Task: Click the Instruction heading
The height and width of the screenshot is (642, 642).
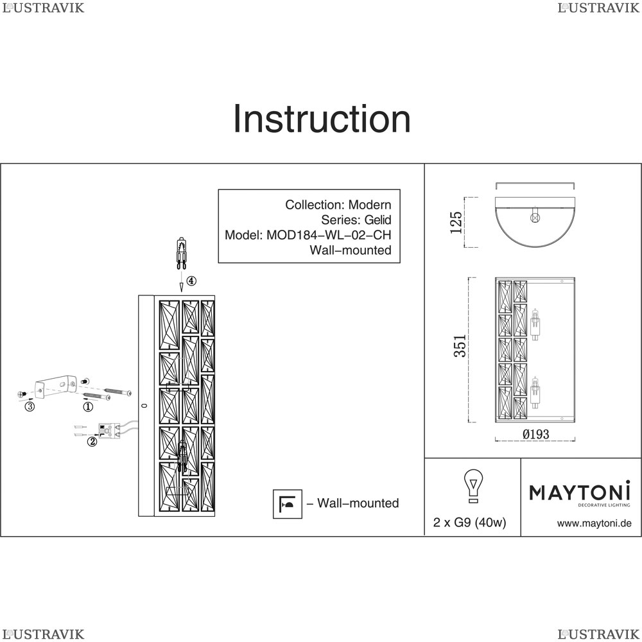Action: [322, 119]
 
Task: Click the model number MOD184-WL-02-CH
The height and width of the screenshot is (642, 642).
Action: [329, 235]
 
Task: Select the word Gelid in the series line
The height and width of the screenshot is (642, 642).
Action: [377, 220]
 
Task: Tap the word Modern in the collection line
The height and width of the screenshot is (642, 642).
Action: [369, 205]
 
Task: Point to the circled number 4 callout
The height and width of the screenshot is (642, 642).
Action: [191, 281]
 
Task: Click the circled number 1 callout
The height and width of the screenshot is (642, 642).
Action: [88, 406]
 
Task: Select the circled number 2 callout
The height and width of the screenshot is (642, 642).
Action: [92, 442]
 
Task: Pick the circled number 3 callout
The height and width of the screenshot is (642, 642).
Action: [30, 406]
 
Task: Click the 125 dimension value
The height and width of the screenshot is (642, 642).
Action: [456, 222]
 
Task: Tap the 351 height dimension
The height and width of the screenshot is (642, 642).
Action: [460, 346]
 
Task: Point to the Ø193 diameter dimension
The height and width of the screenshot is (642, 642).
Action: [535, 434]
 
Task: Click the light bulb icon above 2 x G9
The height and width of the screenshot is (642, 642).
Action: [473, 485]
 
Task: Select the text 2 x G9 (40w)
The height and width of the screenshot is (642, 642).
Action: [470, 523]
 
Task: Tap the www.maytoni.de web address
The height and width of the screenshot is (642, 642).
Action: [594, 523]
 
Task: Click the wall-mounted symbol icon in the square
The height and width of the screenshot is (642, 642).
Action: [288, 503]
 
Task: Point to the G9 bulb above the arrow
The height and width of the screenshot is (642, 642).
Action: [182, 252]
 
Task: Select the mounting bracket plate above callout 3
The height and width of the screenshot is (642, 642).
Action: [56, 386]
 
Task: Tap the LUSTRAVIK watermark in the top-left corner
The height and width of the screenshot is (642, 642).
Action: [43, 8]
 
